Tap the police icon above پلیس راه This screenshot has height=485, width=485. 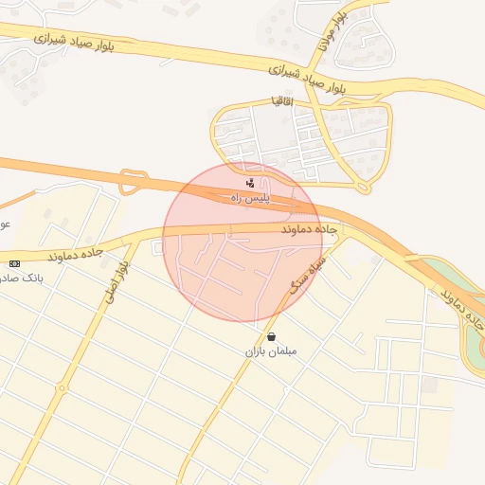250,181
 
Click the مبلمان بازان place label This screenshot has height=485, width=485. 272,351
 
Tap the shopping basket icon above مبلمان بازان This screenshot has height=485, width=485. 272,336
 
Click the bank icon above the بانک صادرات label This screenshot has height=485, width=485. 14,262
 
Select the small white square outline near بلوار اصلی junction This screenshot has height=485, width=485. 157,248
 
